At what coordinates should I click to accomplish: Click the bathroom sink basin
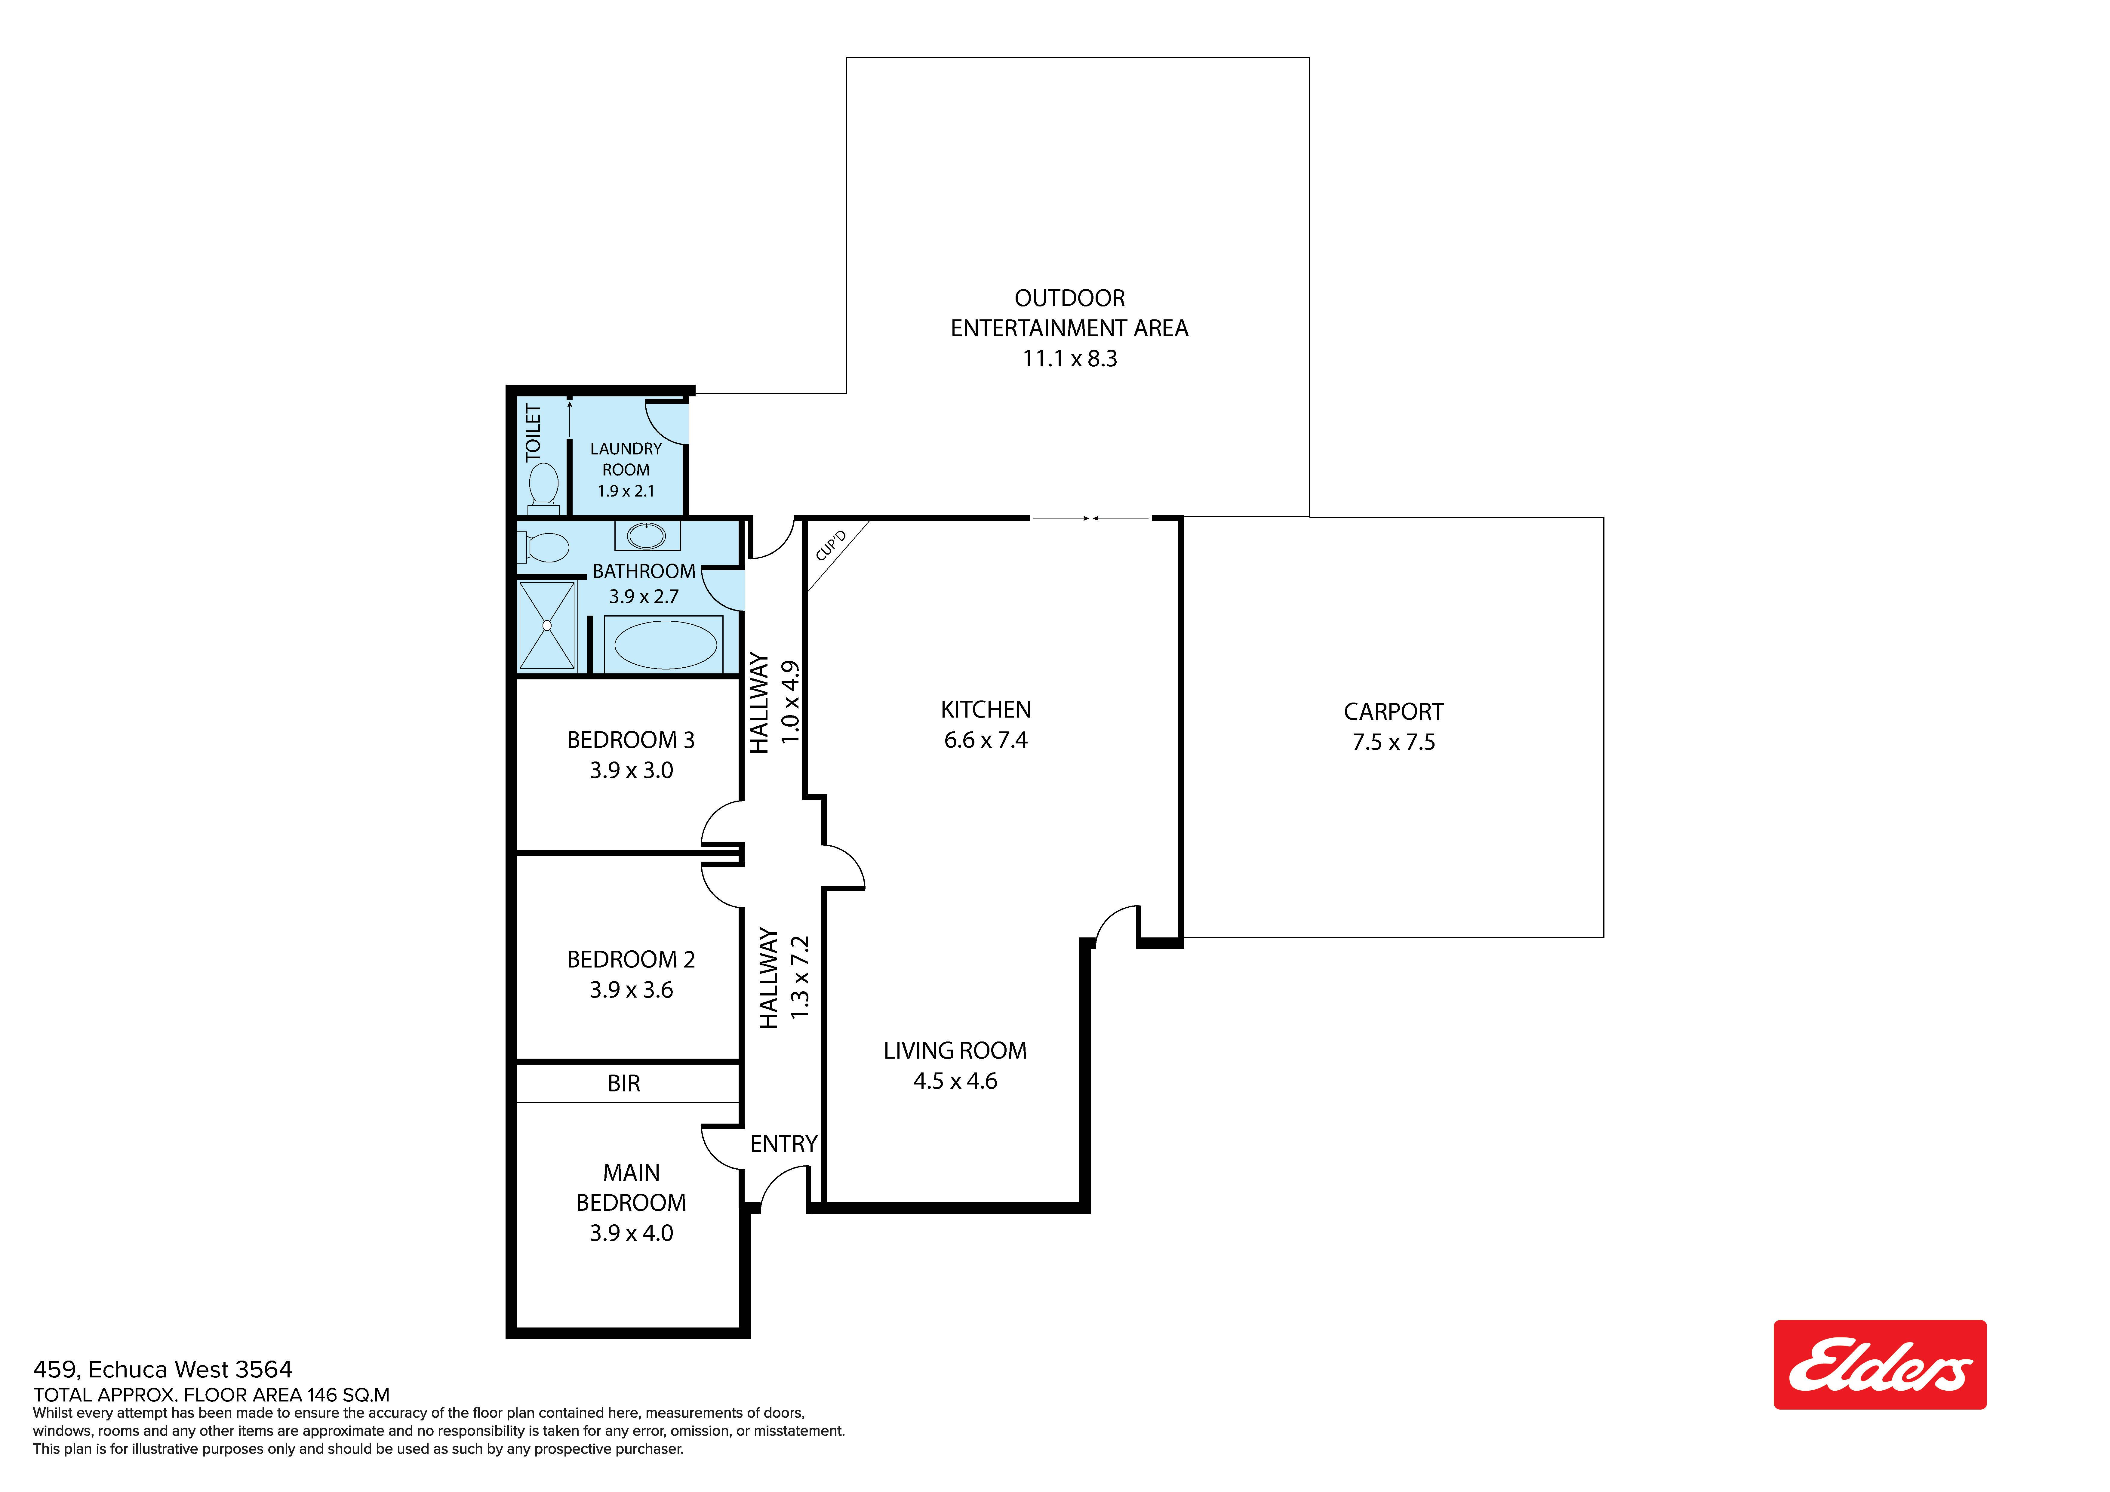coord(647,535)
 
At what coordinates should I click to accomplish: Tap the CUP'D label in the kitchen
coord(831,544)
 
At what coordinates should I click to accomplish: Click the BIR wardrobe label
coord(624,1084)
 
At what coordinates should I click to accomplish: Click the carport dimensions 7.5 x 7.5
coord(1393,742)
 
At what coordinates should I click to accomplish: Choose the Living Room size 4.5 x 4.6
coord(955,1081)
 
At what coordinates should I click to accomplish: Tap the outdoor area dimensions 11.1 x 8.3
coord(1070,358)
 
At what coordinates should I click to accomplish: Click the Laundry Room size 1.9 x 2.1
coord(626,491)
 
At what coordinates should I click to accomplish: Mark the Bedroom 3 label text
coord(630,740)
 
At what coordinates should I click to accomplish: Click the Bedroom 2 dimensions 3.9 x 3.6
coord(631,990)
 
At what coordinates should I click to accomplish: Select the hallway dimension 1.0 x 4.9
coord(790,702)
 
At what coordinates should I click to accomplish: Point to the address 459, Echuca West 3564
coord(163,1370)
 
